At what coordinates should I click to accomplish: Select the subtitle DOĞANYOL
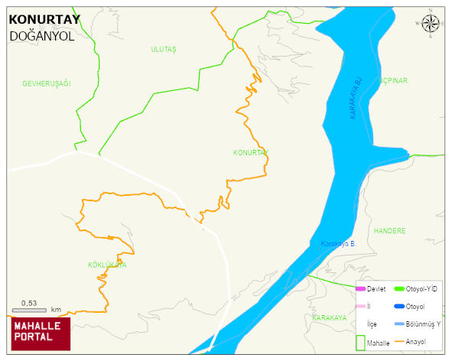(42, 36)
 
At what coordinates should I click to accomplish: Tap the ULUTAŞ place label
(164, 50)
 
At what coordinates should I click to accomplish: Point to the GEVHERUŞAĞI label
(46, 83)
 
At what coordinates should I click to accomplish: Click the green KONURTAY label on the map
(250, 153)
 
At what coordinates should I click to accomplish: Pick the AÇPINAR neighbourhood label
(392, 80)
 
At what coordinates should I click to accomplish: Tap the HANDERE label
(389, 231)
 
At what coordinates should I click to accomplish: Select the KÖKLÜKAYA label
(107, 265)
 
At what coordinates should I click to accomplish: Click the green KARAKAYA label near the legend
(330, 317)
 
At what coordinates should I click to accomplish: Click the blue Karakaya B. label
(338, 244)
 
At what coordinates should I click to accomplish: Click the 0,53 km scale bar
(30, 310)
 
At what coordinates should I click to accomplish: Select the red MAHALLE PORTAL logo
(41, 330)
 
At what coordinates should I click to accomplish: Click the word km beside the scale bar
(56, 310)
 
